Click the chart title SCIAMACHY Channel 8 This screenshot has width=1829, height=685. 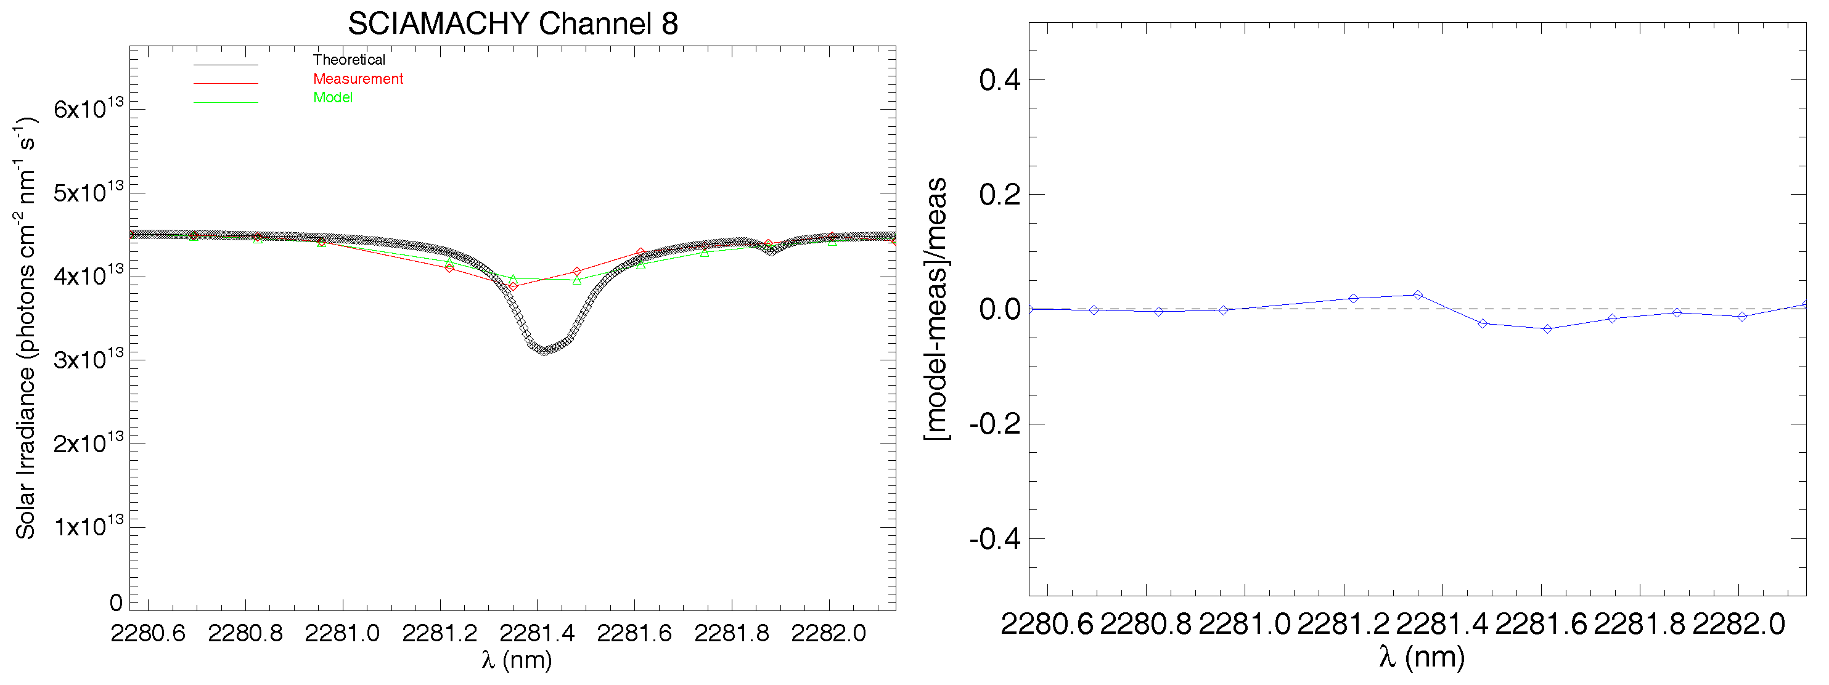[x=513, y=23]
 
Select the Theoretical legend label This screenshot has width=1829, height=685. [x=349, y=60]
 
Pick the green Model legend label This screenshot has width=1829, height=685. [x=332, y=97]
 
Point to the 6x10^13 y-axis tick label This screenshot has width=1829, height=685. [x=88, y=108]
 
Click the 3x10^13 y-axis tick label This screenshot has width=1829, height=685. [x=88, y=359]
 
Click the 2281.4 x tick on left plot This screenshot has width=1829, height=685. [x=537, y=633]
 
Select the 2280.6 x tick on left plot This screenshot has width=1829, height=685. [x=148, y=633]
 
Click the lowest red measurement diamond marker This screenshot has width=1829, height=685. [x=514, y=286]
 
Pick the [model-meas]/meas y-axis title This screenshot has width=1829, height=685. [x=936, y=309]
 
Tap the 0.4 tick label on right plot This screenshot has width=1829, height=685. [x=999, y=80]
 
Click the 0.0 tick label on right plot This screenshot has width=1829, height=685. [x=999, y=309]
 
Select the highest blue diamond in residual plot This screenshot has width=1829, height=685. [x=1418, y=294]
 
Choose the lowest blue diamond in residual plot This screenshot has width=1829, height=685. [x=1547, y=329]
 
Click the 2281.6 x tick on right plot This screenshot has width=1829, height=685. [x=1541, y=624]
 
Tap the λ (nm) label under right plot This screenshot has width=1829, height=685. [x=1422, y=657]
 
